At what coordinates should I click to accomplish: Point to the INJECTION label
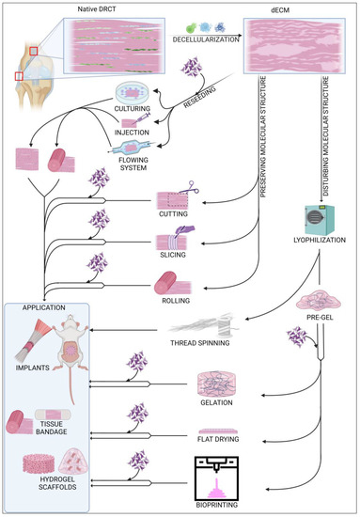(x=132, y=133)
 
